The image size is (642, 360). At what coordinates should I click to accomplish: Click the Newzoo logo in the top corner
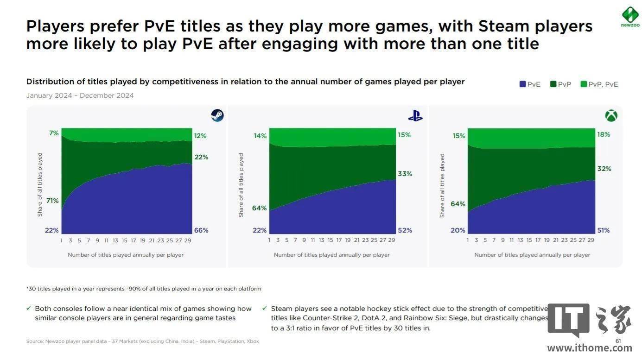pos(630,16)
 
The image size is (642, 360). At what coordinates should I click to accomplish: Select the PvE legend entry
pos(530,84)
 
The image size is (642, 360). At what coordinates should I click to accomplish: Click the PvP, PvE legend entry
pos(599,84)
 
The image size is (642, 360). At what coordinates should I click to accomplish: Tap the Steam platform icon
pos(217,115)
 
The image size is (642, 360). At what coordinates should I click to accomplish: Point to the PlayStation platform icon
pos(415,116)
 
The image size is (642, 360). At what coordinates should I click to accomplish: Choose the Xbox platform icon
pos(610,116)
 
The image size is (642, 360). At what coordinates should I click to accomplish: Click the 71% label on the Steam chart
pos(52,201)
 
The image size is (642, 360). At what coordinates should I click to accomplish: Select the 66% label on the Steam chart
pos(201,230)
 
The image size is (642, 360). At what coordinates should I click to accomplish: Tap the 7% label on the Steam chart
pos(54,133)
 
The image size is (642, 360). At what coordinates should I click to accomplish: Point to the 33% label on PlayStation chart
pos(405,174)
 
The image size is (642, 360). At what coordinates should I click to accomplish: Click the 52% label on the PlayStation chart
pos(405,230)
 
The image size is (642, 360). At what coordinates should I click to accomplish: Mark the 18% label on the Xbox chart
pos(604,134)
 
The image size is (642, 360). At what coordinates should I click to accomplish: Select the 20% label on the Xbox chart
pos(458,230)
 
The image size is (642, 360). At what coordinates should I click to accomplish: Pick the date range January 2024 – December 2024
pos(80,95)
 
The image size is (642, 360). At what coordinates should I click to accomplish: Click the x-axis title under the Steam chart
pos(126,255)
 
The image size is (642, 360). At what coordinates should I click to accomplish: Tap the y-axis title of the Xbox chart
pos(442,185)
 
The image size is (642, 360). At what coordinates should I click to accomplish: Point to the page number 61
pos(618,341)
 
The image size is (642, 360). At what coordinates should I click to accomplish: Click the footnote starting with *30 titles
pos(144,289)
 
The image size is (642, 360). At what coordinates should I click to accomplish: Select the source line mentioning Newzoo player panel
pos(142,341)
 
